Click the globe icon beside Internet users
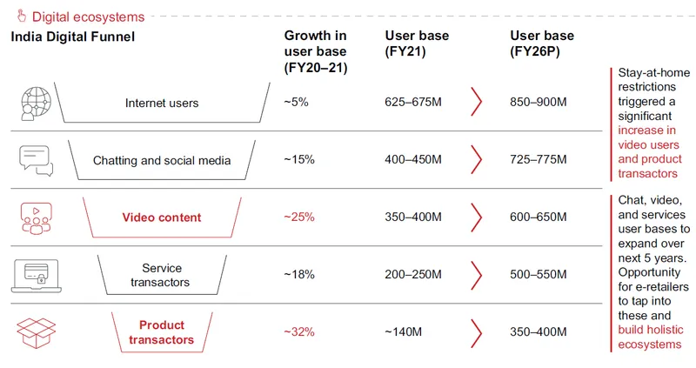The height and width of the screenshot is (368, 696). pyautogui.click(x=36, y=104)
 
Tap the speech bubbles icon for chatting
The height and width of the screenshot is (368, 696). pyautogui.click(x=36, y=161)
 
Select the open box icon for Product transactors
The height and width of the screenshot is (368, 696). pyautogui.click(x=36, y=333)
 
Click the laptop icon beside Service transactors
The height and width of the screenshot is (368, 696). pyautogui.click(x=36, y=276)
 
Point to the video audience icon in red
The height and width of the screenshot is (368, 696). pyautogui.click(x=36, y=218)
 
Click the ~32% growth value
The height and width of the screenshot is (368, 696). pyautogui.click(x=299, y=332)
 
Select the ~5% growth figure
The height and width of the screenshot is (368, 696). pyautogui.click(x=296, y=102)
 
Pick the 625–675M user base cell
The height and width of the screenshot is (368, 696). pyautogui.click(x=413, y=102)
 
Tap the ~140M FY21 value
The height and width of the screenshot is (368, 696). pyautogui.click(x=403, y=332)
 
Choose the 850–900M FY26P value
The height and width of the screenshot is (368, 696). pyautogui.click(x=538, y=102)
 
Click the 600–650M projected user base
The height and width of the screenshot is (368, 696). pyautogui.click(x=538, y=217)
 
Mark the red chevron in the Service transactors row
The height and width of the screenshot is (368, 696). pyautogui.click(x=476, y=275)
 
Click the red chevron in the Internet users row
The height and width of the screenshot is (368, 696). pyautogui.click(x=476, y=102)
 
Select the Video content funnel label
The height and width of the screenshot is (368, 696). pyautogui.click(x=162, y=217)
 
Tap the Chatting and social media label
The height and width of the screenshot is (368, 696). pyautogui.click(x=162, y=160)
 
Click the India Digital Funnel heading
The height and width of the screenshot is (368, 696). pyautogui.click(x=73, y=37)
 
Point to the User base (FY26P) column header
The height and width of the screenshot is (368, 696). pyautogui.click(x=541, y=43)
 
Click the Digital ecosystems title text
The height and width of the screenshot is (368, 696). pyautogui.click(x=89, y=17)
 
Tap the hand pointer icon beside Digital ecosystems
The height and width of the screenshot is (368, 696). pyautogui.click(x=21, y=16)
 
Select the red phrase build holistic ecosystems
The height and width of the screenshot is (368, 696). pyautogui.click(x=650, y=337)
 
